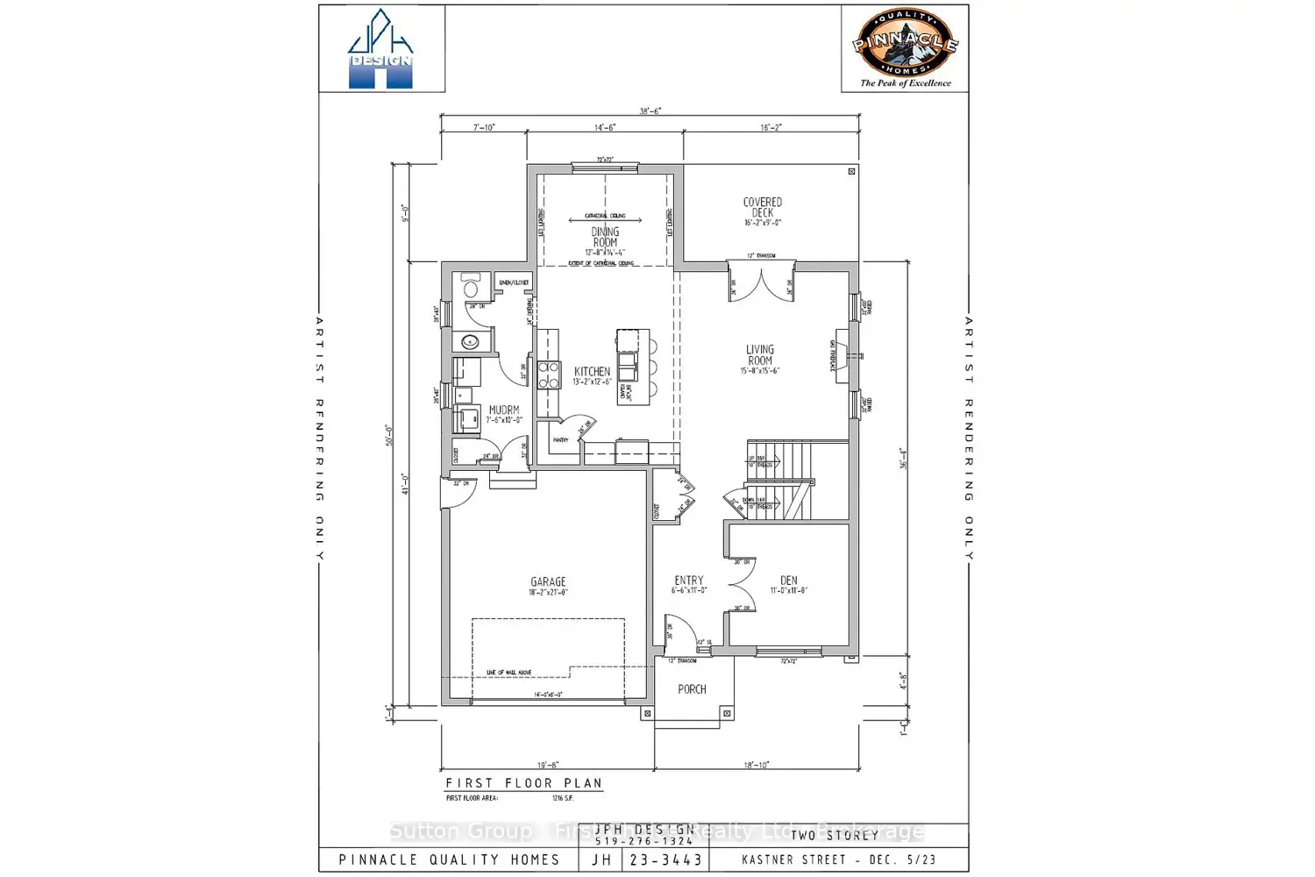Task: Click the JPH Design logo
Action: coord(380,49)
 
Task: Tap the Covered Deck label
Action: coord(762,208)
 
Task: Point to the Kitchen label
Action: coord(592,372)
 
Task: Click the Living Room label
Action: coord(760,355)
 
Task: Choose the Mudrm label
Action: coord(504,410)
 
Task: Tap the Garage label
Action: coord(548,582)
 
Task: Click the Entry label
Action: coord(689,581)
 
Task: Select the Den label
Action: coord(789,581)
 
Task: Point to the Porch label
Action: coord(692,689)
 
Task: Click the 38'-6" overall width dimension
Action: coord(650,111)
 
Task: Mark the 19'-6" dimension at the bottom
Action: coord(548,765)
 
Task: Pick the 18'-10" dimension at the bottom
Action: coord(757,765)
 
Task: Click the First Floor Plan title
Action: coord(523,783)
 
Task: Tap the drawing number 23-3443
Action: coord(666,859)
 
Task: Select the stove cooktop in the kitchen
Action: coord(549,374)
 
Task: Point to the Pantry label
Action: coord(560,440)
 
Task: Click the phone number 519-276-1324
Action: coord(644,842)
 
